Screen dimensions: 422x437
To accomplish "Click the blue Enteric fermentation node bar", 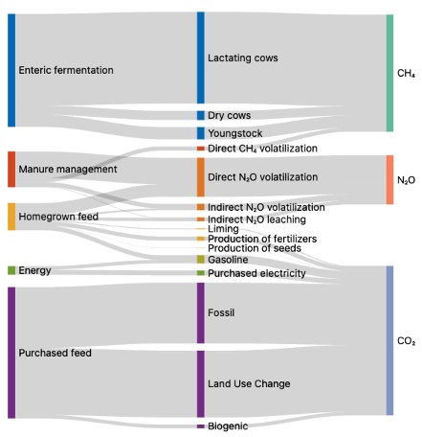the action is [x=11, y=70].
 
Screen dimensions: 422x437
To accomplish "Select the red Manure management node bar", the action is [x=11, y=169].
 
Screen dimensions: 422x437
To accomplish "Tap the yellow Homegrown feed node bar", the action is [x=11, y=217].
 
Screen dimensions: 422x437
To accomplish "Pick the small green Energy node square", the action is [x=11, y=270].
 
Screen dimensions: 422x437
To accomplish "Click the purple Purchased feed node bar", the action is [x=11, y=353].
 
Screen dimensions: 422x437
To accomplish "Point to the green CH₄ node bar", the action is [x=389, y=73].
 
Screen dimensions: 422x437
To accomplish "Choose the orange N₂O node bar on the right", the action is [x=389, y=179].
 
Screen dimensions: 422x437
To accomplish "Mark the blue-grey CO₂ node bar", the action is [x=389, y=340].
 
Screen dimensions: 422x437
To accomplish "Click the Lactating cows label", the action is [x=243, y=57].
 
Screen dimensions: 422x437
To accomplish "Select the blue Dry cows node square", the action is [x=201, y=115].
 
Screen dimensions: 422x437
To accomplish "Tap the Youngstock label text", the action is [x=235, y=133].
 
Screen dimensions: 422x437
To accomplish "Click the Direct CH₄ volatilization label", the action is [x=262, y=149].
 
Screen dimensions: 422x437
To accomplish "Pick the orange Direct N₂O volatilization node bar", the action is [x=201, y=177].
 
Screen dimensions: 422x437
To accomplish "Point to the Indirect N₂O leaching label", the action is [x=256, y=219].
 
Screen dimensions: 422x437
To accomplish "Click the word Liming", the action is [x=223, y=229].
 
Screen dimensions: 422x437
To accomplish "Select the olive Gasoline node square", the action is [x=201, y=260].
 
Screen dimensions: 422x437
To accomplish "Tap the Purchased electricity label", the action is [x=256, y=273].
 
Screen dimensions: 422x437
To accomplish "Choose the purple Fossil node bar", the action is [x=201, y=313].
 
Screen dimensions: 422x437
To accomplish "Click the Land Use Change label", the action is [x=249, y=383].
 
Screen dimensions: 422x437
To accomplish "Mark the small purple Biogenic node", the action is [x=201, y=426].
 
